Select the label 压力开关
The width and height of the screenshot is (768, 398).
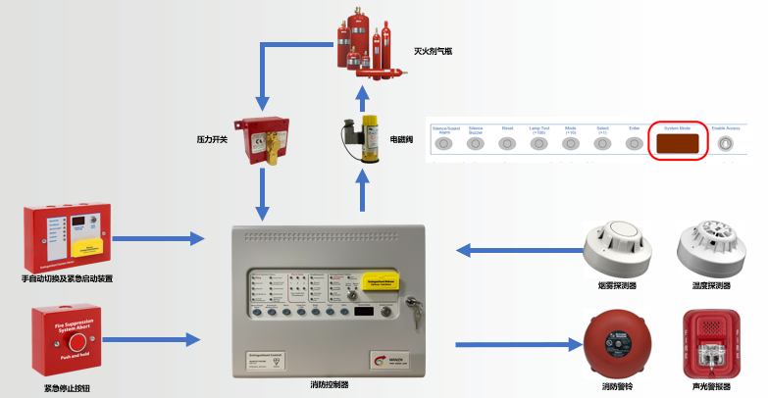pos(212,140)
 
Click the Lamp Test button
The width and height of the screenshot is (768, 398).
pos(538,143)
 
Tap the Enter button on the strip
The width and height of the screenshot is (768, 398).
pos(634,143)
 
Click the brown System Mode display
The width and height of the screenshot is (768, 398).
pos(679,143)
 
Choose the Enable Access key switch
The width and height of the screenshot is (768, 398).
pos(724,143)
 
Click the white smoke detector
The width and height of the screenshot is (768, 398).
pos(617,248)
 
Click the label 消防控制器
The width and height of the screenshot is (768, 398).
pos(329,384)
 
